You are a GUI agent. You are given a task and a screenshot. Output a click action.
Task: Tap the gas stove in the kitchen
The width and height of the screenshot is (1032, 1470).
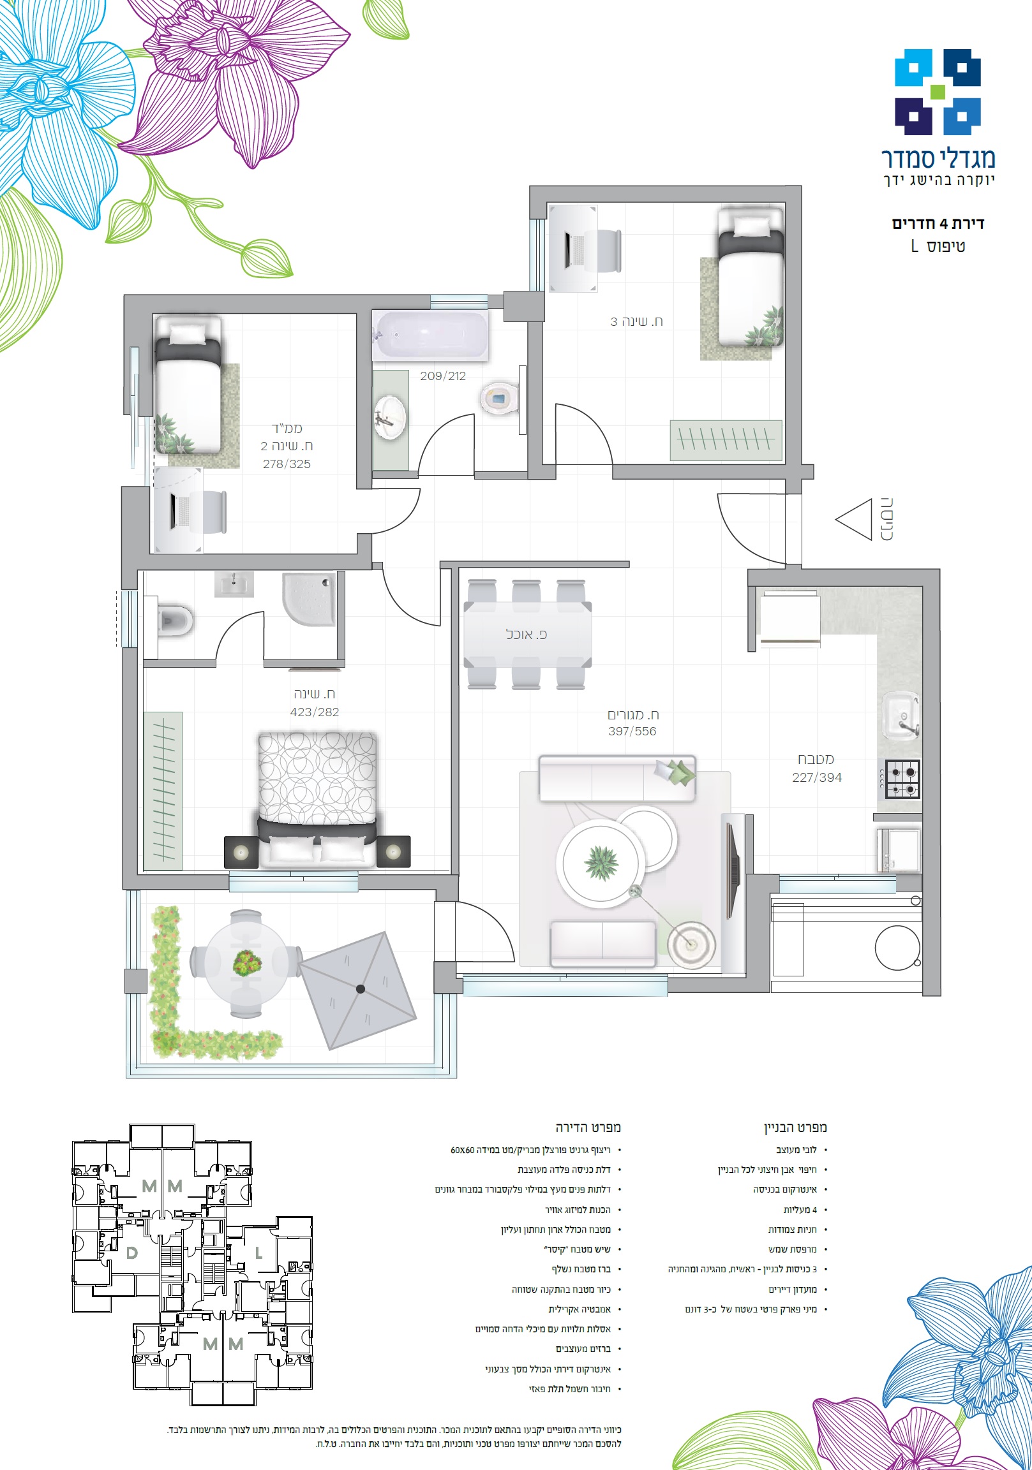(x=902, y=779)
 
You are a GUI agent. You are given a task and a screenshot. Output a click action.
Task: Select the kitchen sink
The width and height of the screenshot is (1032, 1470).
(x=902, y=716)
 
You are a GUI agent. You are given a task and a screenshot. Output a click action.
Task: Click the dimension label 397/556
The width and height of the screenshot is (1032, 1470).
(x=632, y=731)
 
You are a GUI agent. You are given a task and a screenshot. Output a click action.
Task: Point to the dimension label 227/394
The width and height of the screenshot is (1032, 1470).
(x=817, y=777)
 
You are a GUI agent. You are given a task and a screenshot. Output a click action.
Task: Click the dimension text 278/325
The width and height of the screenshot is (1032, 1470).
(x=287, y=464)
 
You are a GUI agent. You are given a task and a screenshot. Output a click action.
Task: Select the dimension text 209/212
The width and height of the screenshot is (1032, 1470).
(x=443, y=376)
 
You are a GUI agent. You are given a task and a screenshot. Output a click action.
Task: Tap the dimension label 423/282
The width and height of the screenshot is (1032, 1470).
(x=315, y=712)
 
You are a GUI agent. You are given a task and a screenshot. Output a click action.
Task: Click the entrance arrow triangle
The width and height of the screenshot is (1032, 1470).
(x=854, y=519)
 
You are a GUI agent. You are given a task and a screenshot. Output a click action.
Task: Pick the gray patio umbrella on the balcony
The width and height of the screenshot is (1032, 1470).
(x=358, y=990)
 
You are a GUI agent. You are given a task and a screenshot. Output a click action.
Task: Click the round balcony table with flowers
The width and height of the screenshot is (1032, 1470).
(x=246, y=963)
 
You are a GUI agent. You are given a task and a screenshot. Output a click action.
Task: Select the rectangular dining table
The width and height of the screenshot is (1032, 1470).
(x=527, y=634)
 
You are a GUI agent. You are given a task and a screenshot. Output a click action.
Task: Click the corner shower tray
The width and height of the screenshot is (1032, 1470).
(x=309, y=599)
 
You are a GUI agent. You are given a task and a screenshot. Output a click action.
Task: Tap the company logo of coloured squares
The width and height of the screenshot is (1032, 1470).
(x=938, y=92)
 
